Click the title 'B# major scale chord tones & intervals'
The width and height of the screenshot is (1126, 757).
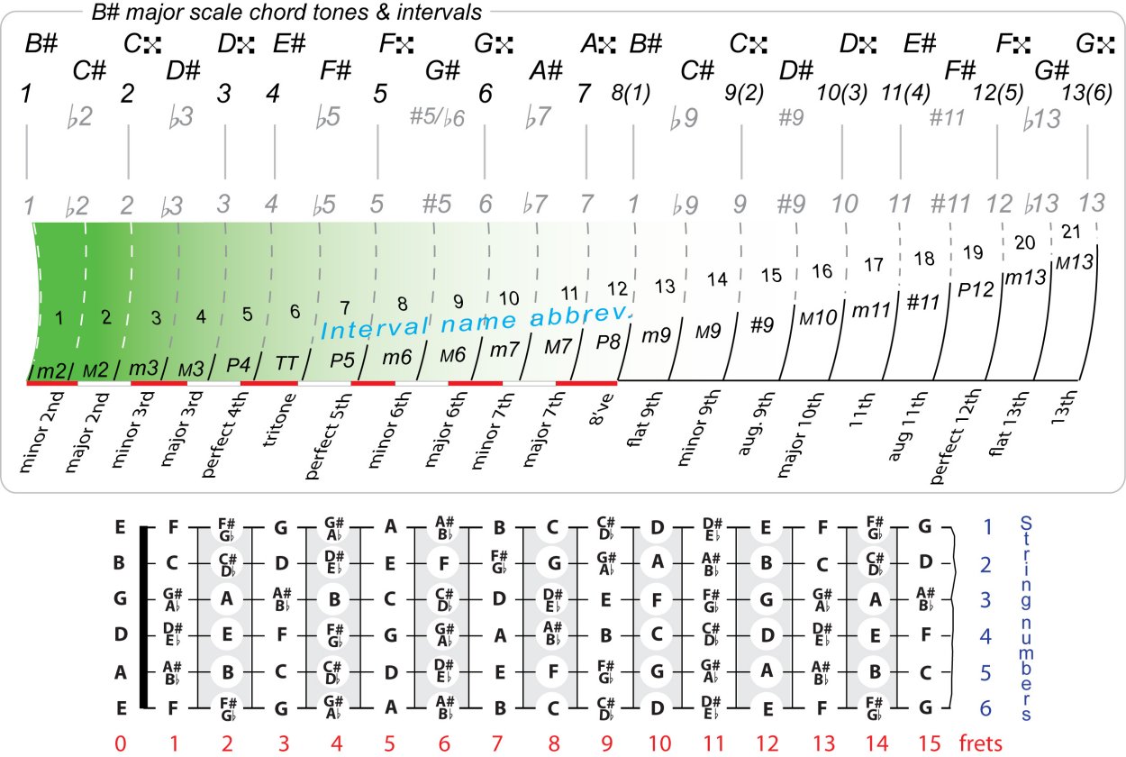click(x=287, y=12)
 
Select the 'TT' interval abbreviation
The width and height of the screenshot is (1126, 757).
click(x=286, y=362)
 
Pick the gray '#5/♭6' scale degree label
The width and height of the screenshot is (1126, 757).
click(x=436, y=118)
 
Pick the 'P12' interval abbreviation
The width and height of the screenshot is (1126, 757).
click(x=976, y=289)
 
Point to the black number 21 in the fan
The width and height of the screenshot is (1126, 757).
click(x=1072, y=232)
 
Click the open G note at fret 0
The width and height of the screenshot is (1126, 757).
click(x=120, y=597)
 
